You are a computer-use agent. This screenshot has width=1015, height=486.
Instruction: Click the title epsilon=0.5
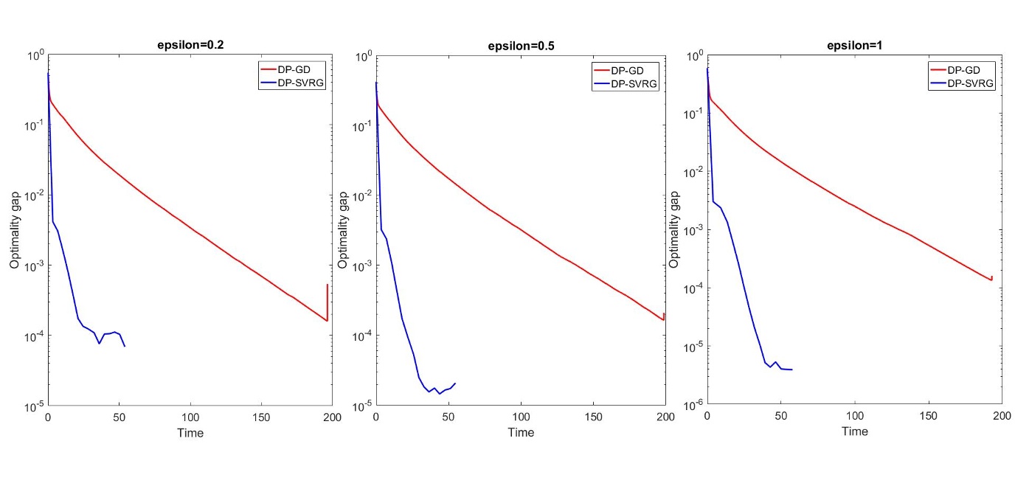point(521,46)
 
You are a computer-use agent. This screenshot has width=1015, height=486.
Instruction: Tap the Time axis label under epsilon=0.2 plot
point(190,433)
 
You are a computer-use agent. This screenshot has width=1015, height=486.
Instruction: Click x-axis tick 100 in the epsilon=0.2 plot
point(190,417)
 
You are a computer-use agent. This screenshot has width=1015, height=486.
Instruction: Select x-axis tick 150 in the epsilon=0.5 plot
point(593,417)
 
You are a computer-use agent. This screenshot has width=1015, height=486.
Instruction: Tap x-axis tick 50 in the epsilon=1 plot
point(781,416)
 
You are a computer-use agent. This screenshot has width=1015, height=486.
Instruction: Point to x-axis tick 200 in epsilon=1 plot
point(1001,416)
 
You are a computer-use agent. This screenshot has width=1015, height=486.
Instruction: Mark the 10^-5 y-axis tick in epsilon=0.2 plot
point(34,406)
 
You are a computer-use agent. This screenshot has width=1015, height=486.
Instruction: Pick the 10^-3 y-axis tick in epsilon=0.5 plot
point(363,265)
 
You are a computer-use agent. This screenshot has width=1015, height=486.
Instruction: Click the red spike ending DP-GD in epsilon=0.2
point(328,285)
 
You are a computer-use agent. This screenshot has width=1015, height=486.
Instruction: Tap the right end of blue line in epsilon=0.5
point(455,383)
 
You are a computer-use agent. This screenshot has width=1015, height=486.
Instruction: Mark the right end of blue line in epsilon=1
point(791,369)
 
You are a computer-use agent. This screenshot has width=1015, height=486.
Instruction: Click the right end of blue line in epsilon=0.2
point(125,346)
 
